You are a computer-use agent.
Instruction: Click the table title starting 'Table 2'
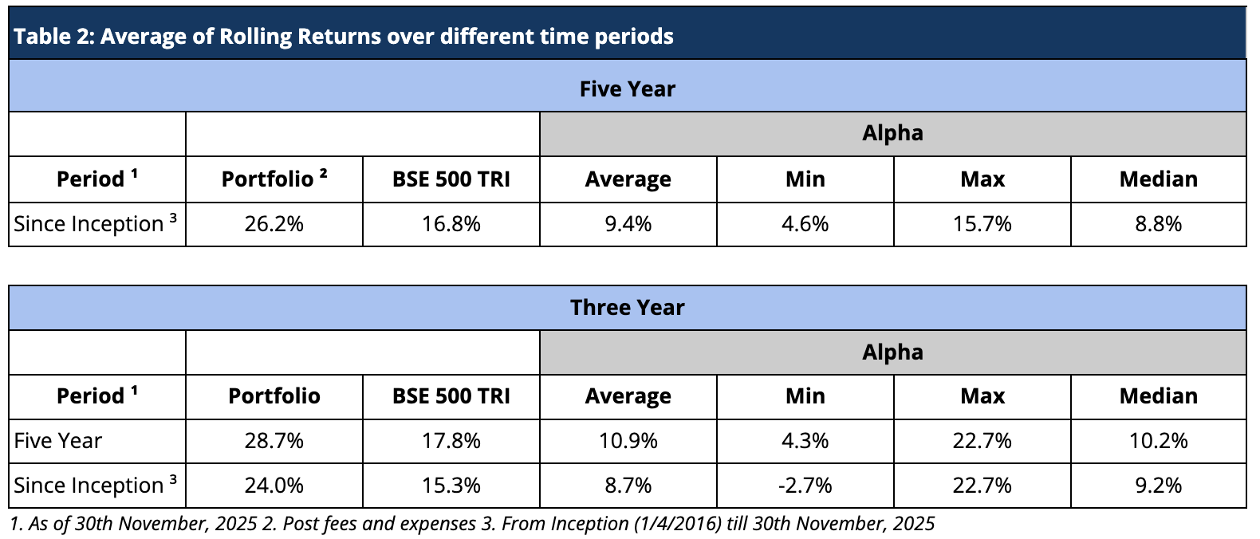click(343, 37)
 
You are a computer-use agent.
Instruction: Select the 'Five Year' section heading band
click(627, 89)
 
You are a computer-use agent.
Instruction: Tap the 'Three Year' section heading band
click(627, 307)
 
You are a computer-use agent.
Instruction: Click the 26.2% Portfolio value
click(274, 224)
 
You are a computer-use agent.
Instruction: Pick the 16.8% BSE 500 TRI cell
click(451, 224)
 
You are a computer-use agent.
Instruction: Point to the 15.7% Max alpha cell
click(982, 224)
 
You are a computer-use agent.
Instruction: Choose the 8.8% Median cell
click(1158, 224)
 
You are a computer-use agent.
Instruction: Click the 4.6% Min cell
click(805, 224)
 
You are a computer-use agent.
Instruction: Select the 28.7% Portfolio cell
click(274, 441)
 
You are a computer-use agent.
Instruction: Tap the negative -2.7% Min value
click(805, 485)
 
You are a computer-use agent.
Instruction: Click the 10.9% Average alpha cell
click(628, 441)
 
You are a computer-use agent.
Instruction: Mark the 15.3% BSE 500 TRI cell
click(451, 485)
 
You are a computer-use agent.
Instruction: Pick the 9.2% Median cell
click(1158, 485)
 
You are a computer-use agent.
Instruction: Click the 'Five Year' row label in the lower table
click(58, 441)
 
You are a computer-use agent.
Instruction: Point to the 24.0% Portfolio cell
click(274, 485)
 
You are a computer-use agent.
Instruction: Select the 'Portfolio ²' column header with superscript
click(274, 179)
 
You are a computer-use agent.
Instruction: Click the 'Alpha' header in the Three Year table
click(892, 352)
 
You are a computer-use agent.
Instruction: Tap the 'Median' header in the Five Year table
click(1158, 179)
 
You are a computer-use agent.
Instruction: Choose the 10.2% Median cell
click(1158, 441)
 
